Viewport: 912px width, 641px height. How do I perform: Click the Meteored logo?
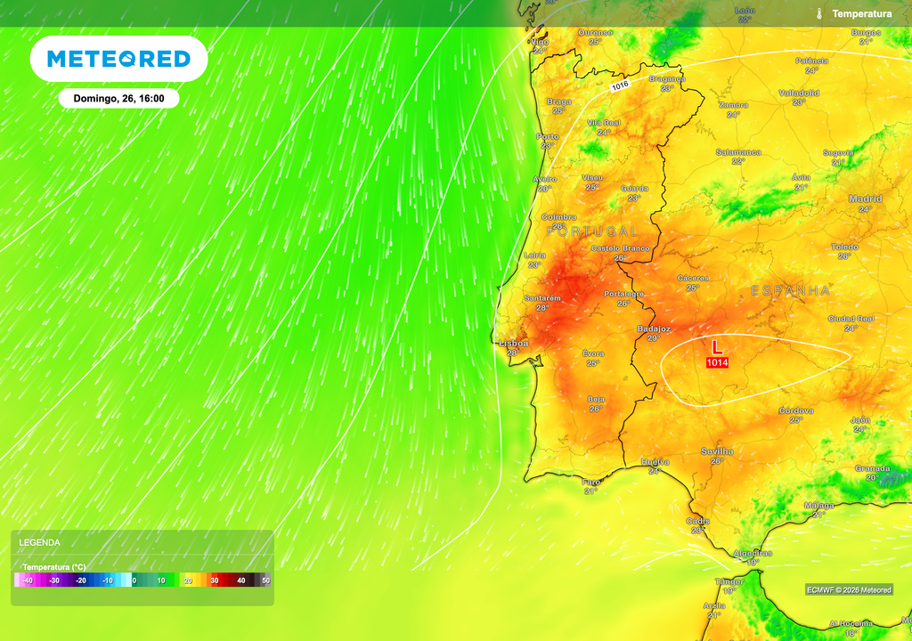tap(118, 59)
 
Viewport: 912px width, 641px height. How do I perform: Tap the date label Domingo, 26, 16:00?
tap(118, 99)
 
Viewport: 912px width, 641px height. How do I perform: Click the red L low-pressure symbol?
tap(717, 346)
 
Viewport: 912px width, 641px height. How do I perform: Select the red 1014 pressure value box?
tap(717, 362)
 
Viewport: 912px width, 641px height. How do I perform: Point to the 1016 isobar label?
tap(620, 85)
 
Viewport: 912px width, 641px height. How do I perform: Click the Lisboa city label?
tap(513, 343)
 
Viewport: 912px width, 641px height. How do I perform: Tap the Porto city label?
tap(547, 136)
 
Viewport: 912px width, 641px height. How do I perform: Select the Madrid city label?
tap(865, 199)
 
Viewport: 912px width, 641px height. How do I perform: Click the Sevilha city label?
tap(717, 451)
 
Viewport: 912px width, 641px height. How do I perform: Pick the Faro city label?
tap(590, 482)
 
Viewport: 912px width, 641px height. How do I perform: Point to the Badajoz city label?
tap(654, 329)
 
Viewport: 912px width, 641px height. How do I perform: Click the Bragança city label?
tap(667, 78)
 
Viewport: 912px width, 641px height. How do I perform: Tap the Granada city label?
tap(872, 467)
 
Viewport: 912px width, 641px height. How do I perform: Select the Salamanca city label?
tap(738, 152)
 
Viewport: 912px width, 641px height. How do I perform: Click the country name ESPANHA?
tap(790, 291)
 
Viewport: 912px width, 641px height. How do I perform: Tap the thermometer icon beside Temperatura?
tap(818, 13)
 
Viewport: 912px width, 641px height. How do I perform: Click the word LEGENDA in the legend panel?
tap(40, 542)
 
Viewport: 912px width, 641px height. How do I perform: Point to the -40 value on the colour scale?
tap(28, 580)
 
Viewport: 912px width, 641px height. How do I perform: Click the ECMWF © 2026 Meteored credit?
tap(849, 589)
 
